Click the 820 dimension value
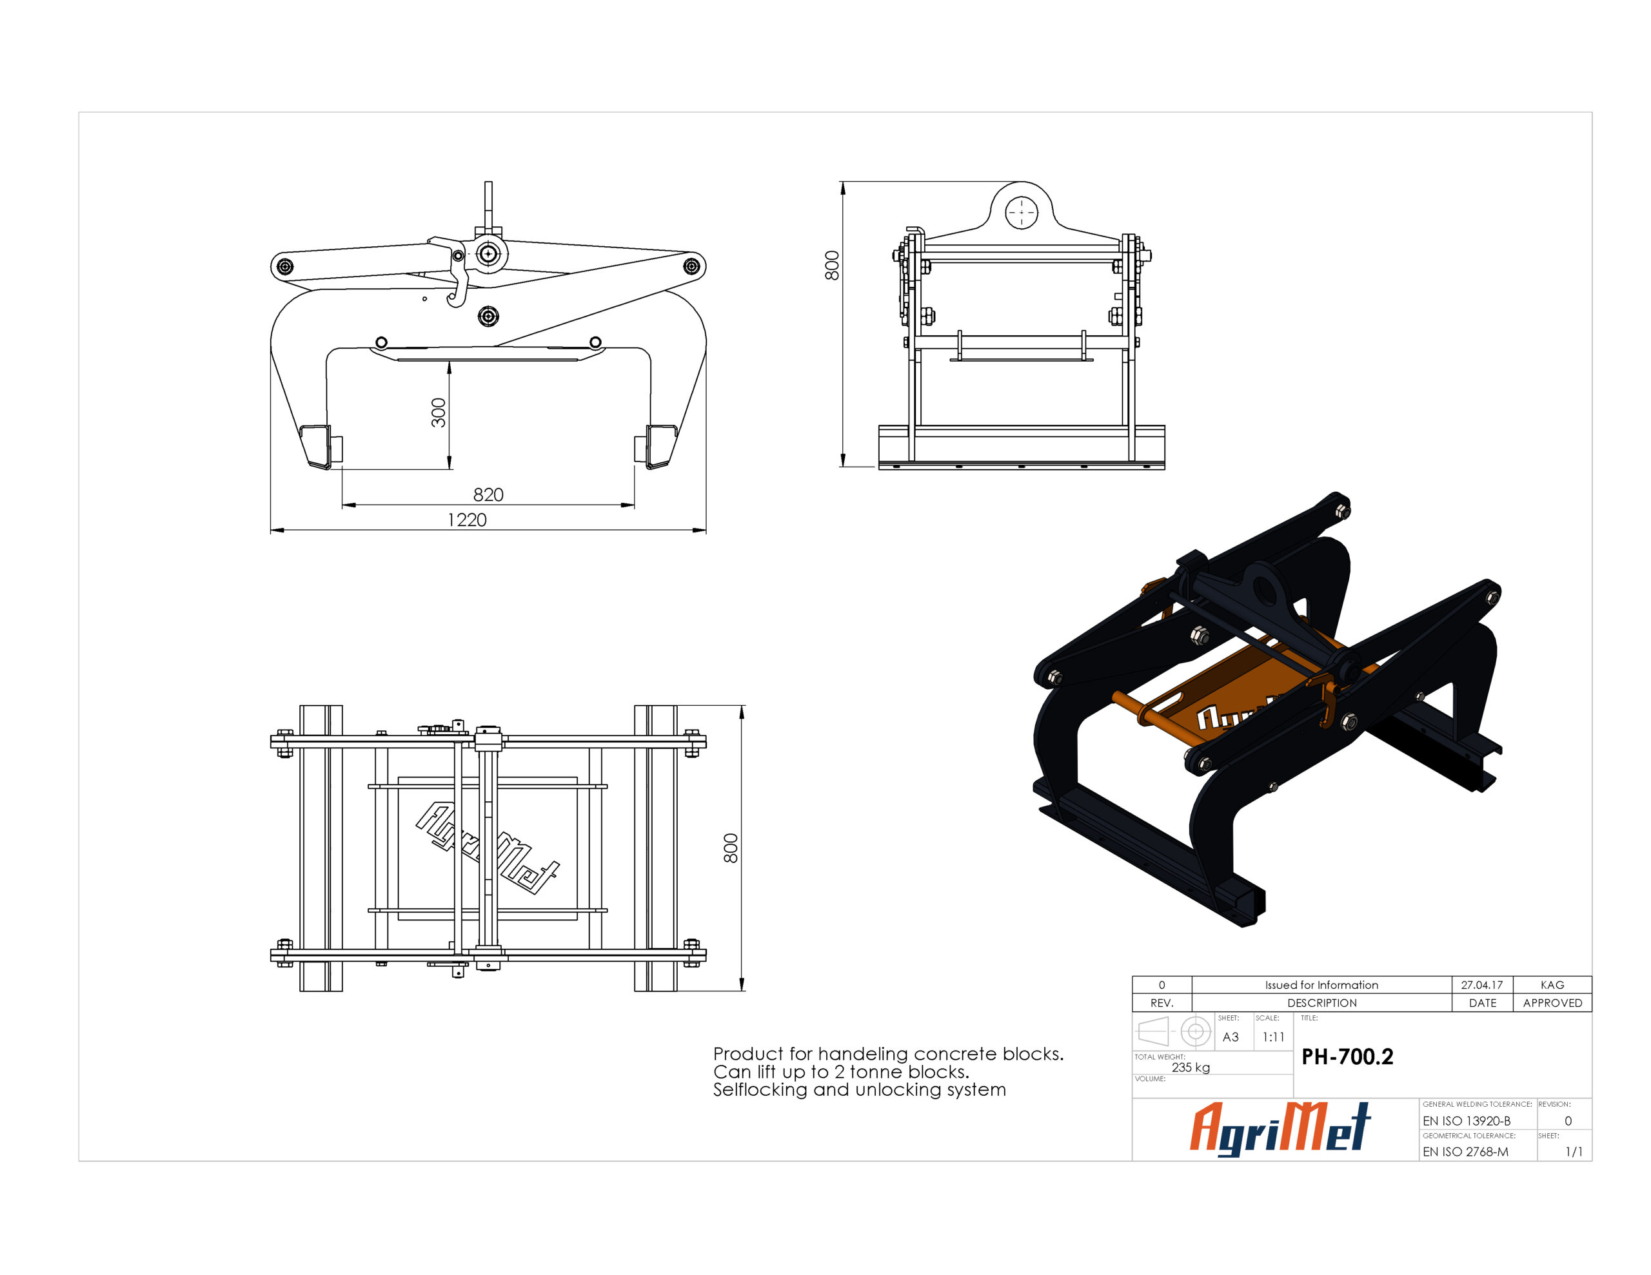pyautogui.click(x=488, y=494)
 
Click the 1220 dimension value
pyautogui.click(x=467, y=520)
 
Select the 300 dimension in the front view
pyautogui.click(x=439, y=413)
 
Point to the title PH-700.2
pyautogui.click(x=1347, y=1056)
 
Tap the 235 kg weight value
pyautogui.click(x=1191, y=1067)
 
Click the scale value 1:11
pyautogui.click(x=1273, y=1037)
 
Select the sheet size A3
pyautogui.click(x=1231, y=1037)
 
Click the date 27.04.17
pyautogui.click(x=1481, y=985)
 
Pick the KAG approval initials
pyautogui.click(x=1552, y=985)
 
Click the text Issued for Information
pyautogui.click(x=1321, y=985)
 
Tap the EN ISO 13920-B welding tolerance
pyautogui.click(x=1467, y=1121)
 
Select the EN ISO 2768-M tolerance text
pyautogui.click(x=1465, y=1152)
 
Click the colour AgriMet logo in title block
pyautogui.click(x=1281, y=1129)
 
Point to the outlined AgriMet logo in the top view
pyautogui.click(x=488, y=848)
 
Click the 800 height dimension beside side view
pyautogui.click(x=831, y=266)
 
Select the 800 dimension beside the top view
pyautogui.click(x=730, y=848)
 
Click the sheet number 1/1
pyautogui.click(x=1573, y=1152)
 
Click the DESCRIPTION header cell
pyautogui.click(x=1321, y=1003)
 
